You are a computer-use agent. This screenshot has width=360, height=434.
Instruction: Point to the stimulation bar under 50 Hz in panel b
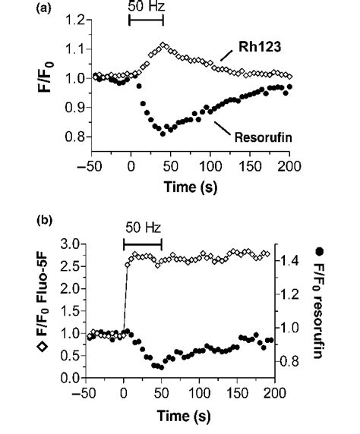(143, 242)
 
